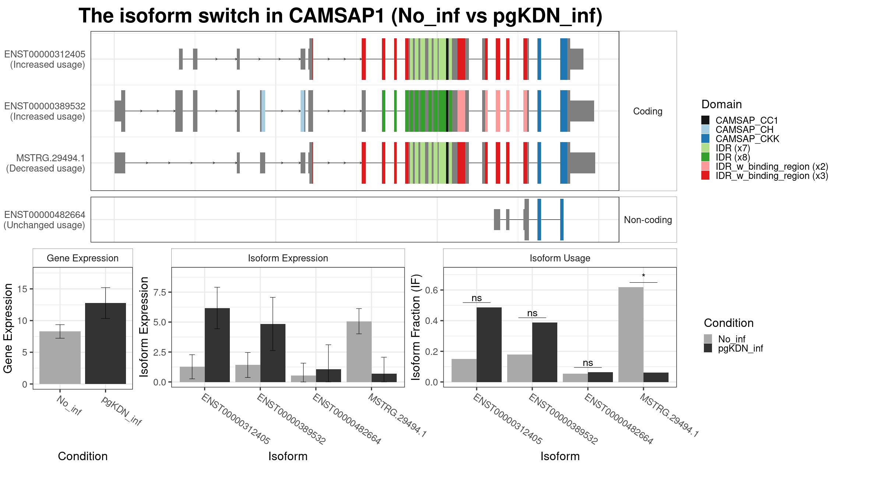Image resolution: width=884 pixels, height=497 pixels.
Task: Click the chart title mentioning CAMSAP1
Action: (340, 16)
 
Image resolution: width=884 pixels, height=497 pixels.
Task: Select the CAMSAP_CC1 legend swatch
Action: (705, 120)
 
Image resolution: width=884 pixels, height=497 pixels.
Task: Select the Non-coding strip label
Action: (648, 220)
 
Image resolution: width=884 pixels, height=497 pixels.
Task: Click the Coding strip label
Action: (648, 111)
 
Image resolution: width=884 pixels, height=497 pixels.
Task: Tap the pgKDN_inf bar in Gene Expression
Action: (105, 343)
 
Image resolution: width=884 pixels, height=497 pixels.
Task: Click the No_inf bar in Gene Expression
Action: (60, 357)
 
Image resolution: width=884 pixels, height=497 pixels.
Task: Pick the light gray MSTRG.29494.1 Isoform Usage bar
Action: (631, 335)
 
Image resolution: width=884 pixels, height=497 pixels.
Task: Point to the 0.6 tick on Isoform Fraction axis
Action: (432, 290)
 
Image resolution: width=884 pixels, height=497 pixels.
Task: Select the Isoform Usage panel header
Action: (560, 258)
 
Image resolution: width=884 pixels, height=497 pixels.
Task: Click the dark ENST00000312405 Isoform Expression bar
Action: (217, 345)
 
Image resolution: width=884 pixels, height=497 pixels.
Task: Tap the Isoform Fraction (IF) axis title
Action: (416, 327)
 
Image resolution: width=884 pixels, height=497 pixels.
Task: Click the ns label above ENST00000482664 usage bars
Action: (588, 363)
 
